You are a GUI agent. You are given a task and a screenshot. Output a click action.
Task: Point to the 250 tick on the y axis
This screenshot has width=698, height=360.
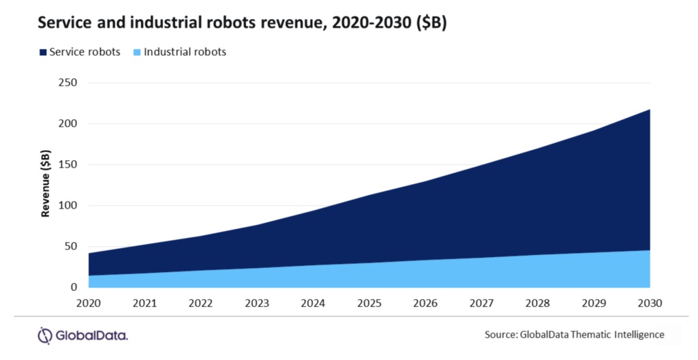coord(70,83)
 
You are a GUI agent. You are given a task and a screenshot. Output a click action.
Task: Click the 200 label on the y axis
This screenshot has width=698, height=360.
coord(70,124)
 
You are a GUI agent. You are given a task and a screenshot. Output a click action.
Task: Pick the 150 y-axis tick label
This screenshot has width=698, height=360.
coord(70,165)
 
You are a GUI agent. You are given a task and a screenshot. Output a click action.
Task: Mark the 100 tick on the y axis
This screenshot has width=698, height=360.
coord(70,206)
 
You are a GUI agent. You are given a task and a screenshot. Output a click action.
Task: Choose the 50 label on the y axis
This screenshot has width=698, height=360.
coord(72,247)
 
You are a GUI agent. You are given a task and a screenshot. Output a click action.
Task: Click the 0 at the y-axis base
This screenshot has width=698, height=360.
coord(75,288)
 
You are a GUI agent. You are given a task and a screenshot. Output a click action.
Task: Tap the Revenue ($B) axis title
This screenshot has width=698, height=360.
coord(46,185)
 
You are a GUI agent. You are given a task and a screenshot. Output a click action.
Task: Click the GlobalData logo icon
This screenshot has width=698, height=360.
coord(45,335)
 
